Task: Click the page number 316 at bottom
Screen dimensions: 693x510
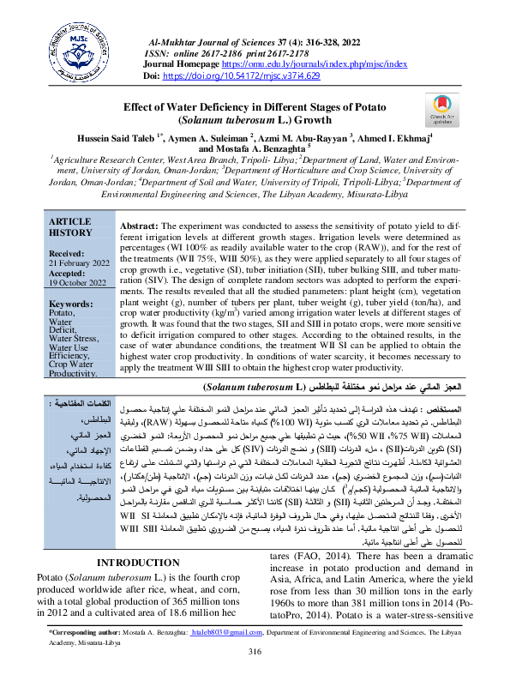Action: point(255,676)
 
